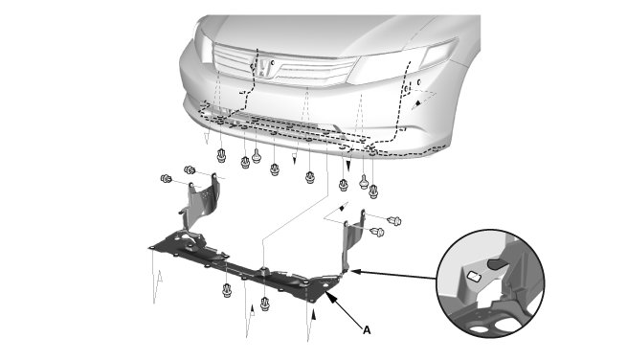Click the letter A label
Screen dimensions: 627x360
[367, 330]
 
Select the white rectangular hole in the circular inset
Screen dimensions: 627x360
[474, 276]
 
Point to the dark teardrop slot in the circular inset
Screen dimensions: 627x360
[497, 262]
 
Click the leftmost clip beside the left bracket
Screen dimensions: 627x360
[166, 179]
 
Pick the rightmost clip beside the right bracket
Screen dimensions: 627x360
[394, 220]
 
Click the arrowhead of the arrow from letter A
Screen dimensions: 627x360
[328, 294]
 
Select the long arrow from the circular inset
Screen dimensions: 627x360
[393, 275]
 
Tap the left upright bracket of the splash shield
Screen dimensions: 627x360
[199, 205]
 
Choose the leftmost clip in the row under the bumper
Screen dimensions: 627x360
[221, 155]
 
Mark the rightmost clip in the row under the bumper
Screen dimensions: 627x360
[373, 191]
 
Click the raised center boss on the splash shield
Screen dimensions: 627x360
[263, 270]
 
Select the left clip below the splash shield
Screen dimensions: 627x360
[227, 289]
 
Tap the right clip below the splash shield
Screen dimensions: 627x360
[265, 304]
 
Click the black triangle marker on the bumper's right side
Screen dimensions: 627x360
[417, 102]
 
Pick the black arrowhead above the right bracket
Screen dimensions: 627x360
[342, 208]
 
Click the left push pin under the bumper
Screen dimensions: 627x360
[257, 156]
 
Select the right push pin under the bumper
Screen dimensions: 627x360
[364, 181]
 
